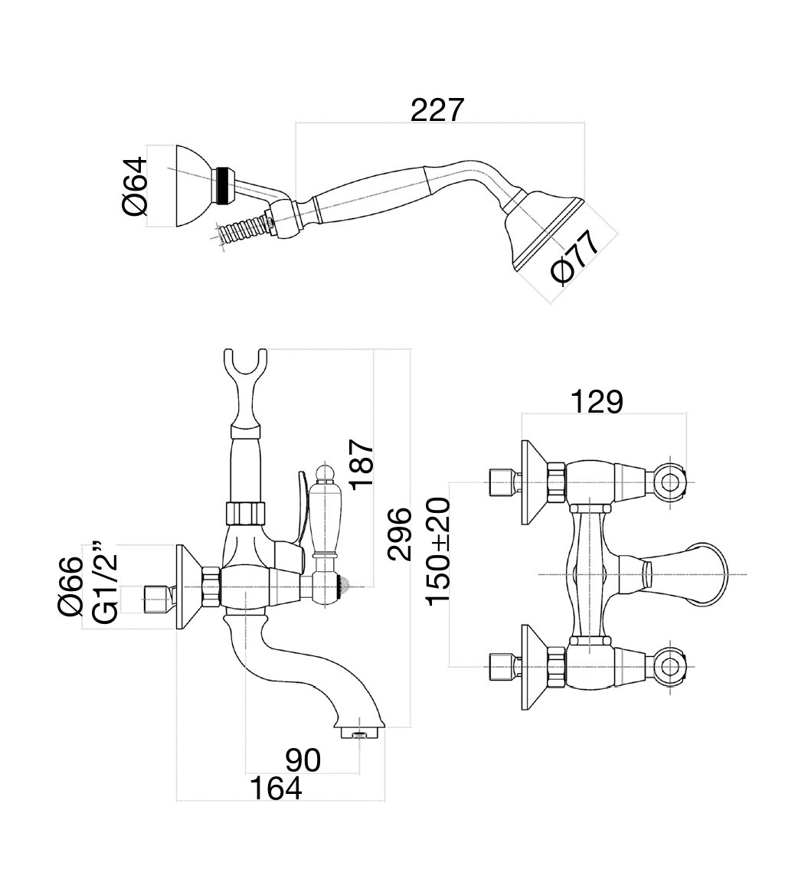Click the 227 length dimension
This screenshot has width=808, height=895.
click(x=437, y=110)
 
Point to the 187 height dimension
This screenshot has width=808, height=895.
click(x=359, y=464)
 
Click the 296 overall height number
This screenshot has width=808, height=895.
click(x=399, y=534)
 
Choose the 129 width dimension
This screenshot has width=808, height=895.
click(x=597, y=401)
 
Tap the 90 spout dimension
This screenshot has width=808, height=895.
click(x=303, y=760)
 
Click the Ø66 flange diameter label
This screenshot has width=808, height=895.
click(x=70, y=586)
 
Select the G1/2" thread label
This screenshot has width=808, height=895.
click(x=104, y=583)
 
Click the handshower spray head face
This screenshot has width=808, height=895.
click(x=545, y=234)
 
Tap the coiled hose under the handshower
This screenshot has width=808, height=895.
click(x=241, y=230)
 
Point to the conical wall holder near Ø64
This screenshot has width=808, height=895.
click(x=192, y=186)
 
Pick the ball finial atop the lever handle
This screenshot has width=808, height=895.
click(x=325, y=472)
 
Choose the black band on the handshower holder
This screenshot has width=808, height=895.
click(x=224, y=186)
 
